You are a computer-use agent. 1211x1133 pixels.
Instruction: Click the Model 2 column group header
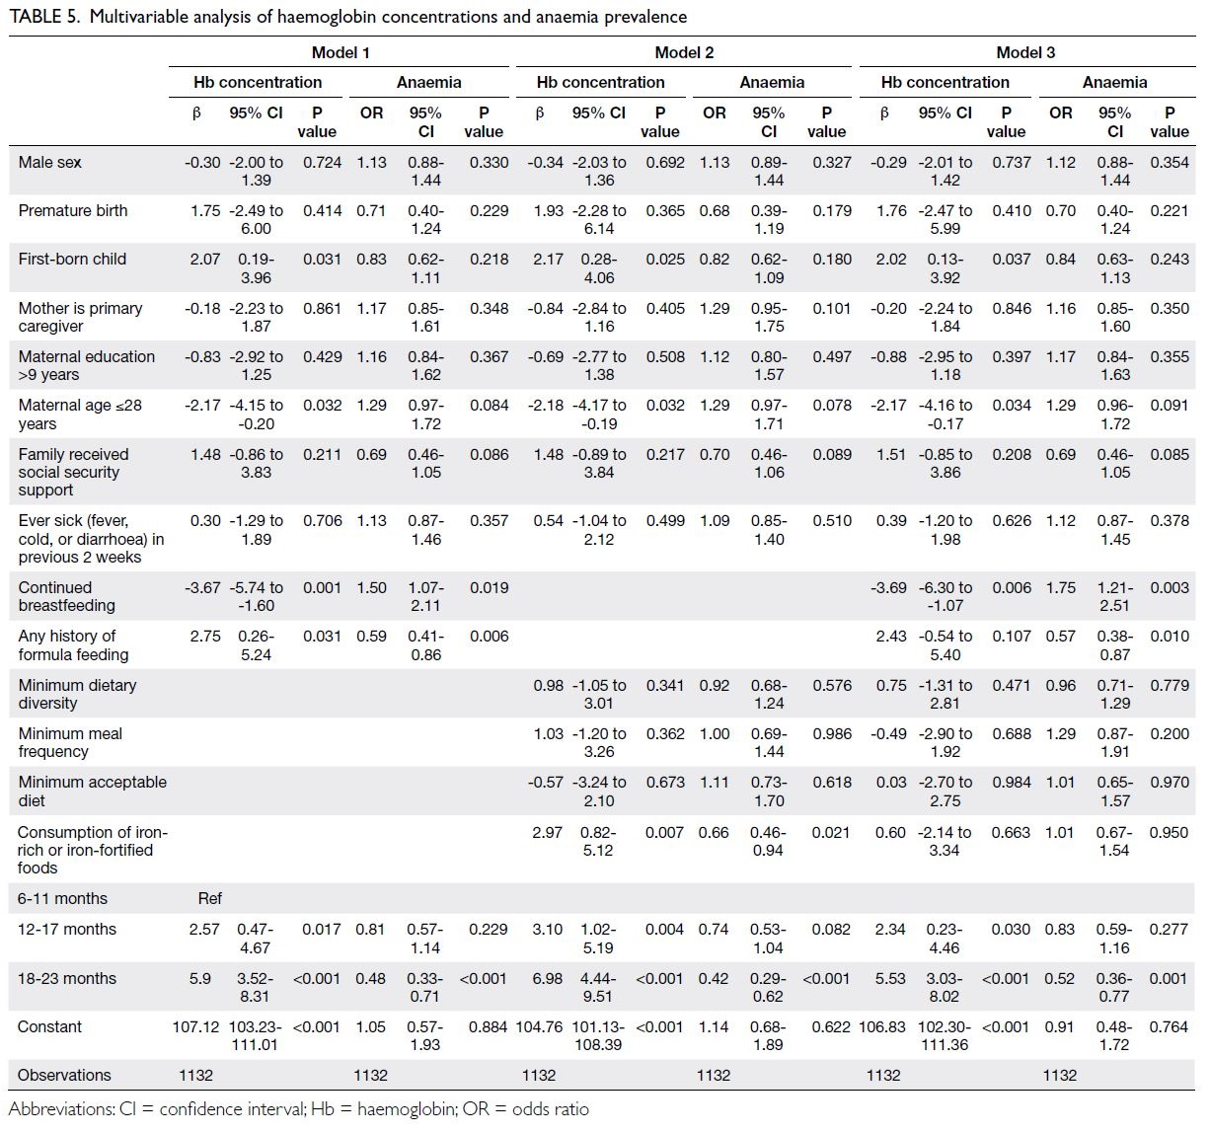[684, 52]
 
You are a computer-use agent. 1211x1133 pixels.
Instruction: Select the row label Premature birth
[73, 210]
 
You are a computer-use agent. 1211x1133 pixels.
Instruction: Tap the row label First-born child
[72, 260]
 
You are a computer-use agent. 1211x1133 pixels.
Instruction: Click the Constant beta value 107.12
[195, 1026]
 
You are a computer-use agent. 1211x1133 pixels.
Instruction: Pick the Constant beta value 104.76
[539, 1026]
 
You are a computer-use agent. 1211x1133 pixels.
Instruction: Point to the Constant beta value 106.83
[881, 1026]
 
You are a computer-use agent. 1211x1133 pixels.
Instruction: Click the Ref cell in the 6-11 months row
[210, 898]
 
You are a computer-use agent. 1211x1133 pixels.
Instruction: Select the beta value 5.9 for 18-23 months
[200, 978]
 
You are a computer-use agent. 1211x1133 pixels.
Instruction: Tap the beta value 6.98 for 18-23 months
[547, 978]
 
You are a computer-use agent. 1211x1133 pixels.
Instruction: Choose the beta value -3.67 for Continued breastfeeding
[202, 588]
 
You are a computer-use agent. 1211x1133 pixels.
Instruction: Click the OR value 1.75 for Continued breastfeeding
[1061, 588]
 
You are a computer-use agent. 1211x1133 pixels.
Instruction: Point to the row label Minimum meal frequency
[69, 742]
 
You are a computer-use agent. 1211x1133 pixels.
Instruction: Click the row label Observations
[64, 1075]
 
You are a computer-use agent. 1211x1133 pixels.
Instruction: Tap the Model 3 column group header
[1025, 52]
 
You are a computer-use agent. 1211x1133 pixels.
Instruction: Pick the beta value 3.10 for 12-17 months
[547, 930]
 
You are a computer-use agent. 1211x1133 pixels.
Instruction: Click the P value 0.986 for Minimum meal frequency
[832, 733]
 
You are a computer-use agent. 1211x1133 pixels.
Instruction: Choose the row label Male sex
[49, 162]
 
